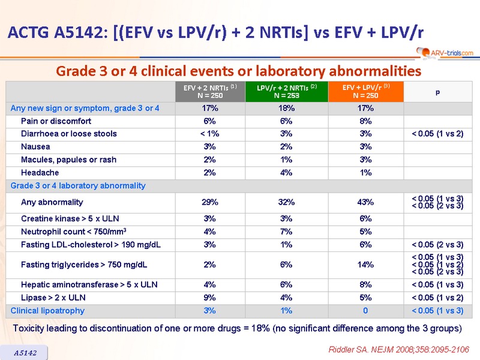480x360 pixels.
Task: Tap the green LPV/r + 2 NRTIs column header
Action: pos(287,91)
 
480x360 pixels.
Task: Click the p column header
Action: pos(437,91)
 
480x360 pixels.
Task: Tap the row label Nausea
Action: pos(36,146)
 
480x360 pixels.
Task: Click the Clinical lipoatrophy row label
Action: pos(47,311)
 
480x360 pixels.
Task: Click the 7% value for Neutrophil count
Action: pos(287,232)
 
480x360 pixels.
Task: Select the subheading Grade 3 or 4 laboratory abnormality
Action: pos(78,186)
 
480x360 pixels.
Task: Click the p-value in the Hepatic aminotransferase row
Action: pos(437,284)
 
